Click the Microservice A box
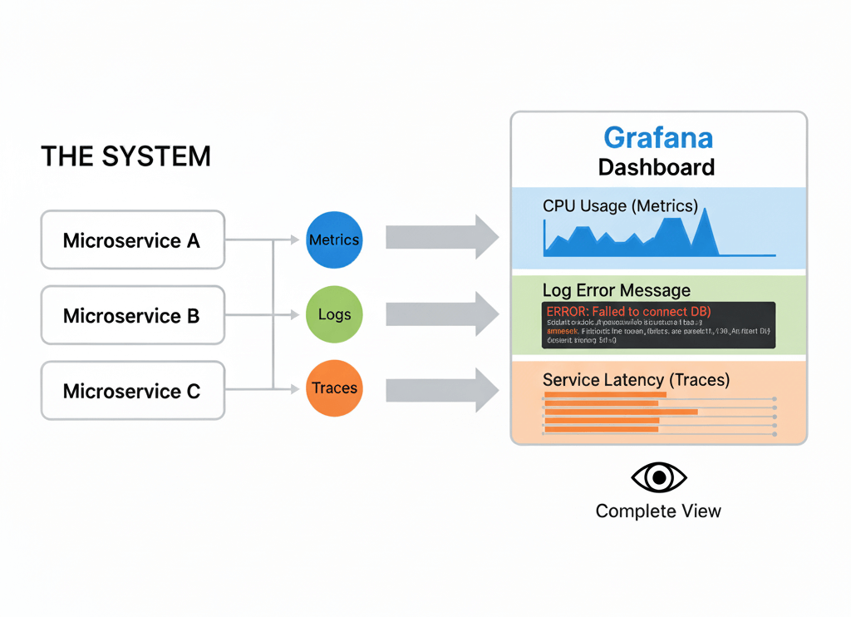point(132,240)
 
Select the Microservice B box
point(132,315)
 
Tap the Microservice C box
point(132,390)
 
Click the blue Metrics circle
point(334,239)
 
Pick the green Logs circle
point(334,314)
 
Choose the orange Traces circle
point(334,387)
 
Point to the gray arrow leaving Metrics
point(440,237)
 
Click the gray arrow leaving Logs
point(440,313)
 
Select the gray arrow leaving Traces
point(440,387)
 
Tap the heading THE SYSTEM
point(125,156)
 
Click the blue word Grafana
point(657,137)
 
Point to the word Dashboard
point(657,167)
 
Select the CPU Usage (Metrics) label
point(620,205)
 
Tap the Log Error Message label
point(617,290)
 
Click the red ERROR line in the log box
point(629,311)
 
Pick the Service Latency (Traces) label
point(636,380)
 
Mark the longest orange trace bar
point(620,411)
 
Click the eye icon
point(659,477)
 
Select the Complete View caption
point(658,511)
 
